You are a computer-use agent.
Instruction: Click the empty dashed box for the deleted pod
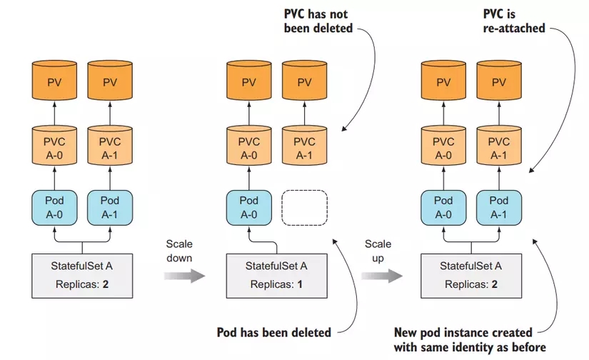(x=305, y=206)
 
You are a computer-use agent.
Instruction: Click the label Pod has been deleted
(x=273, y=332)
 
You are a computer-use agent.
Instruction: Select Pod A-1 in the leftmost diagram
(x=109, y=206)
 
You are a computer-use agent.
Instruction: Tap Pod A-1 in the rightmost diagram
(x=499, y=206)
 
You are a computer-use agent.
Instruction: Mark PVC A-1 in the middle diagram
(x=305, y=148)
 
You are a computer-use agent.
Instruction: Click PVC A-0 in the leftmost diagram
(x=55, y=148)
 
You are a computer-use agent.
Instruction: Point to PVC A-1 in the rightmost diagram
(x=499, y=148)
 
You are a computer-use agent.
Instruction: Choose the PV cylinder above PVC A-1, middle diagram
(x=305, y=82)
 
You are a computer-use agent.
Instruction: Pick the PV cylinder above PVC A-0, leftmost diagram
(x=55, y=82)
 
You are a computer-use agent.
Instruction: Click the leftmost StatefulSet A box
(x=83, y=274)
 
